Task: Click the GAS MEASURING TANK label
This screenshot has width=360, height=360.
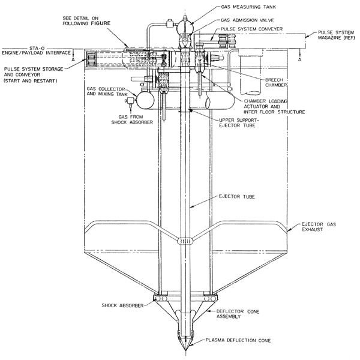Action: (248, 7)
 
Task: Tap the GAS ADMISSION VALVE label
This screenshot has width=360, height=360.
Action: (247, 20)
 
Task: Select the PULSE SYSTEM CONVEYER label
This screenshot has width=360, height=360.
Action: (251, 29)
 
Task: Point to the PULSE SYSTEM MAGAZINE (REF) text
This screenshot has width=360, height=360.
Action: (336, 35)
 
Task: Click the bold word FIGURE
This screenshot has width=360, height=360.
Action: (101, 23)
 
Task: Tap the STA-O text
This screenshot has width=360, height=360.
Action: (37, 48)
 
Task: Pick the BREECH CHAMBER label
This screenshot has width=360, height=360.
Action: (276, 82)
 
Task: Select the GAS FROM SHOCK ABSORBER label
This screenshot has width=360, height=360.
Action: (132, 119)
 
